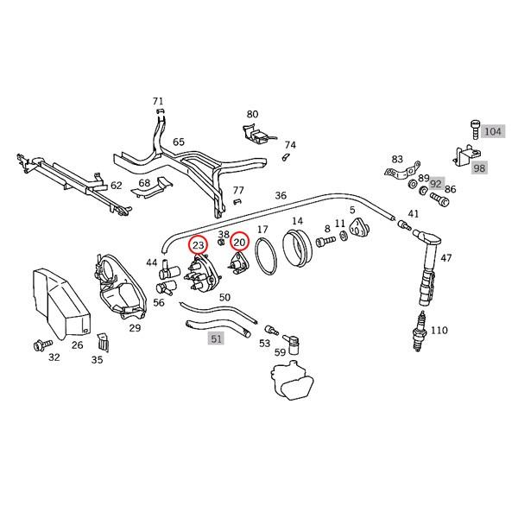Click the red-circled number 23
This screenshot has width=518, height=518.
tap(199, 246)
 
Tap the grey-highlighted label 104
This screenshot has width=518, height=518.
tap(492, 131)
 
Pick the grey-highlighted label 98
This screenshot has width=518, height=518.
tap(479, 167)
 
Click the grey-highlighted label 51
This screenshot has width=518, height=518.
tap(216, 339)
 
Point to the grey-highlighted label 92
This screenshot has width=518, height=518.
tap(436, 184)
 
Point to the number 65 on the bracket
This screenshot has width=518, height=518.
tap(179, 142)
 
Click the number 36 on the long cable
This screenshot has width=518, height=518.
tap(281, 196)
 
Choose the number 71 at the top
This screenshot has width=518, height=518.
tap(158, 101)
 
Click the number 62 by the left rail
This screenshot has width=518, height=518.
tap(117, 185)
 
